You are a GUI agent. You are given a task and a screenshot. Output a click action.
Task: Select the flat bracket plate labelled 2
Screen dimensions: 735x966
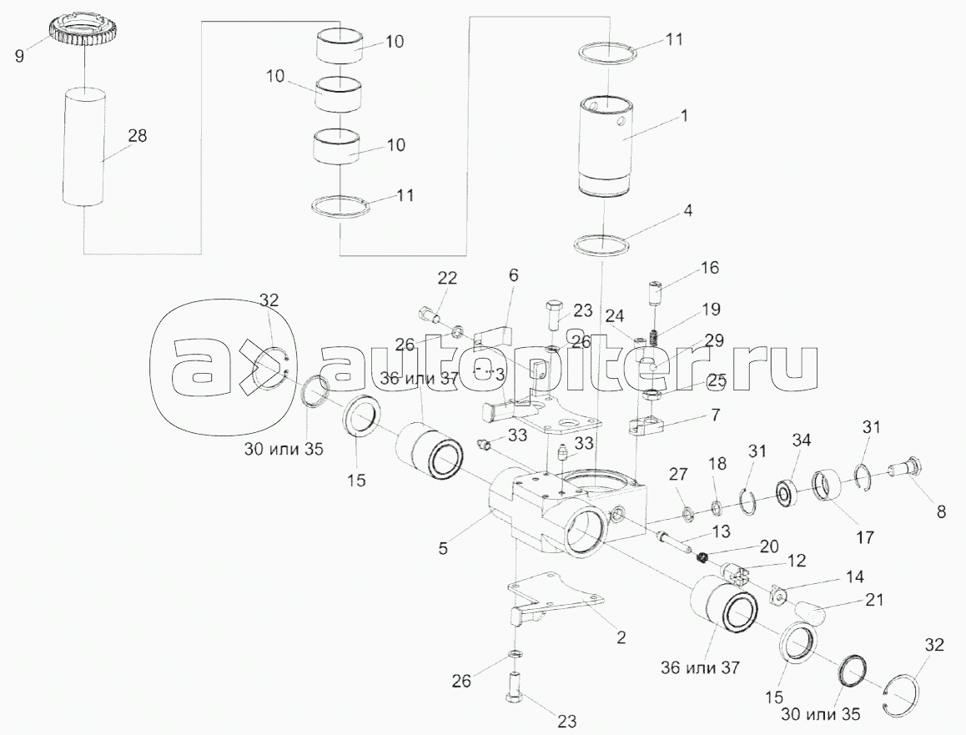click(555, 597)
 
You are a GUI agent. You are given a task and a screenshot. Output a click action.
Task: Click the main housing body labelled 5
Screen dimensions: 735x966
click(551, 517)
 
